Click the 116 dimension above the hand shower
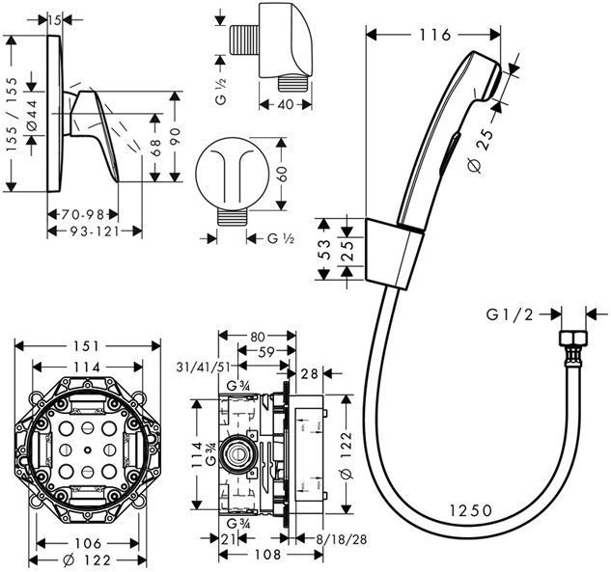432,35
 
